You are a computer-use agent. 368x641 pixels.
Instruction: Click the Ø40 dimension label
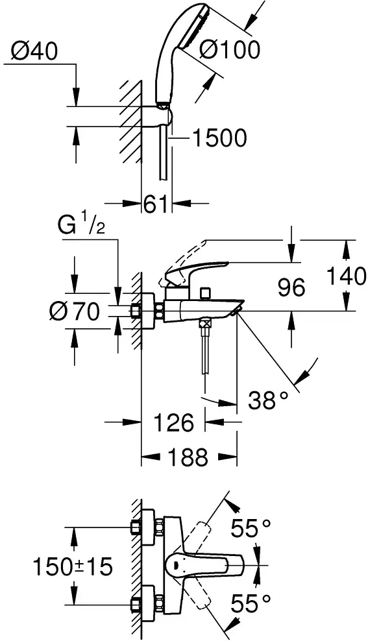(x=35, y=52)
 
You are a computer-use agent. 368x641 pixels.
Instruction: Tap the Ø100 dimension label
(x=230, y=51)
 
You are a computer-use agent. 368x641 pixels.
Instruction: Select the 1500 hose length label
(x=219, y=138)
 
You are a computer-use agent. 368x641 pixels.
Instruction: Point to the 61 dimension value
(x=156, y=203)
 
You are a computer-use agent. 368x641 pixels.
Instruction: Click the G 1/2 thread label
(x=81, y=225)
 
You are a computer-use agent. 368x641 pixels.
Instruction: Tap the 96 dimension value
(x=291, y=287)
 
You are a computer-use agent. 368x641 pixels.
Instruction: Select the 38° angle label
(x=268, y=401)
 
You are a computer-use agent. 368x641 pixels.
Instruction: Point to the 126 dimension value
(x=173, y=423)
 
